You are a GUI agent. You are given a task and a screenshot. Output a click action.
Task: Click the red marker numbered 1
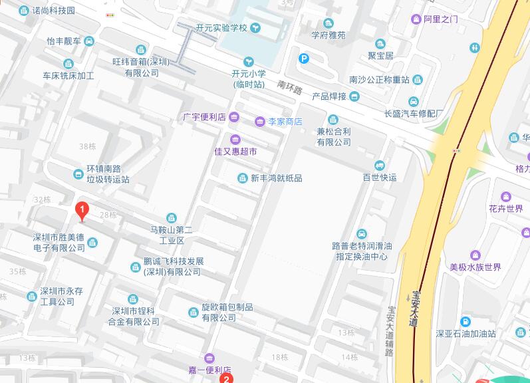(82, 211)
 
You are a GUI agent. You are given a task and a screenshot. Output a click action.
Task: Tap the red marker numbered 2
(226, 378)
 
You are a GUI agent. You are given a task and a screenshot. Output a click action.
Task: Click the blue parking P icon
(303, 59)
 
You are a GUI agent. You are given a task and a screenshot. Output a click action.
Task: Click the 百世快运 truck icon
(379, 165)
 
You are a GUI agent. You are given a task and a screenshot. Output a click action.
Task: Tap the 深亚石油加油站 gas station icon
(466, 322)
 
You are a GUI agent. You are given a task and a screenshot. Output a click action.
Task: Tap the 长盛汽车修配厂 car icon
(414, 101)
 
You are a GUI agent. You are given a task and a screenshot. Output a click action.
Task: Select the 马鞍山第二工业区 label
(171, 234)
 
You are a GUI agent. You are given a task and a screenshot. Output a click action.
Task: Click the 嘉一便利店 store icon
(209, 358)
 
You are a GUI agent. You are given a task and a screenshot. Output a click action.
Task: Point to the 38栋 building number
(86, 146)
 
